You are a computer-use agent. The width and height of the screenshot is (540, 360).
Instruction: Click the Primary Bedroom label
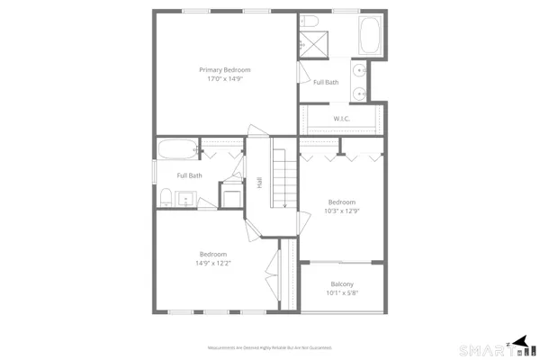point(224,69)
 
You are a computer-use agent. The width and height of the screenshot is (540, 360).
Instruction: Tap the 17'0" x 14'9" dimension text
point(224,79)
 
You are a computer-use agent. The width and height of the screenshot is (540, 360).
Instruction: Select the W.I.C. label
point(341,118)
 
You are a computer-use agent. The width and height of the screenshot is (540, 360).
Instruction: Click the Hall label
point(259,182)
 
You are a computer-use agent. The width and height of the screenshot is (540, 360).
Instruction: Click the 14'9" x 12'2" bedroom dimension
point(212,264)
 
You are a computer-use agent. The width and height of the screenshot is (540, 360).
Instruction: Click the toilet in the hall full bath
point(166,196)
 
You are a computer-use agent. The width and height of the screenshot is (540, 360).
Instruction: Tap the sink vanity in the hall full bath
point(187,199)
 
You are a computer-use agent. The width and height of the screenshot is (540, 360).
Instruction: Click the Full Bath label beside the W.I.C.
point(326,84)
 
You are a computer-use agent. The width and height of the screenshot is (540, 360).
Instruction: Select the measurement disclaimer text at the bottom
point(270,346)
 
